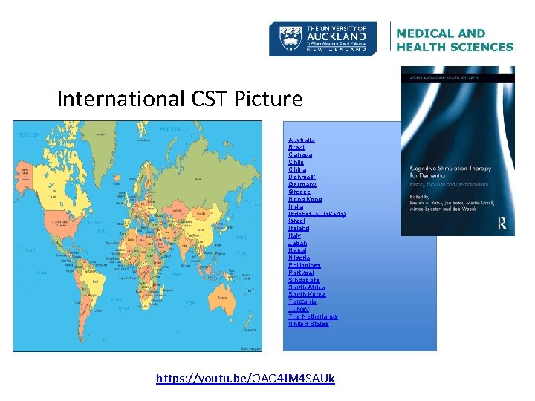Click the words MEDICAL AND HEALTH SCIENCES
(454, 40)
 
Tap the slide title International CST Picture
(180, 99)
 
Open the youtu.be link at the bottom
(245, 379)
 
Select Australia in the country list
(301, 140)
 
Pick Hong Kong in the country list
(305, 199)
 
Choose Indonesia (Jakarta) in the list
(317, 214)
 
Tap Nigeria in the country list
(299, 258)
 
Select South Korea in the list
(307, 295)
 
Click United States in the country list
(308, 324)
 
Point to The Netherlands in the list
(312, 316)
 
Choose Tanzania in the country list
(302, 301)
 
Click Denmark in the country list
(302, 177)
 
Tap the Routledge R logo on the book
(502, 222)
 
